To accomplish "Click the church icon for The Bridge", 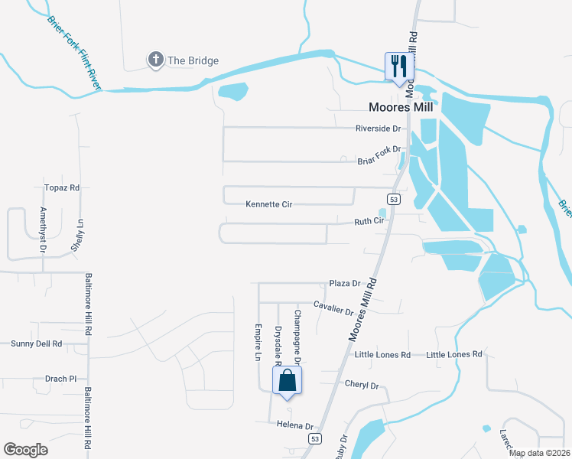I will (x=155, y=60).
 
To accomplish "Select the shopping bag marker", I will (x=287, y=380).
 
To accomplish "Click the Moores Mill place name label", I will (x=401, y=107).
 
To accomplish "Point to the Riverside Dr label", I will (x=378, y=129).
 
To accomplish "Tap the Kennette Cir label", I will (x=269, y=204).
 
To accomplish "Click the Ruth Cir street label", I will (x=368, y=222).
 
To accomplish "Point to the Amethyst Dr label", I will (x=44, y=229).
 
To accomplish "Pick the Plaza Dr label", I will (x=344, y=283).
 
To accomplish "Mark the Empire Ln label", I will (x=258, y=340).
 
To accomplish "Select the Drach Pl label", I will (x=61, y=379).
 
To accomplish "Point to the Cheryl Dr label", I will (x=362, y=386).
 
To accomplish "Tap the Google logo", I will (x=26, y=450).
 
